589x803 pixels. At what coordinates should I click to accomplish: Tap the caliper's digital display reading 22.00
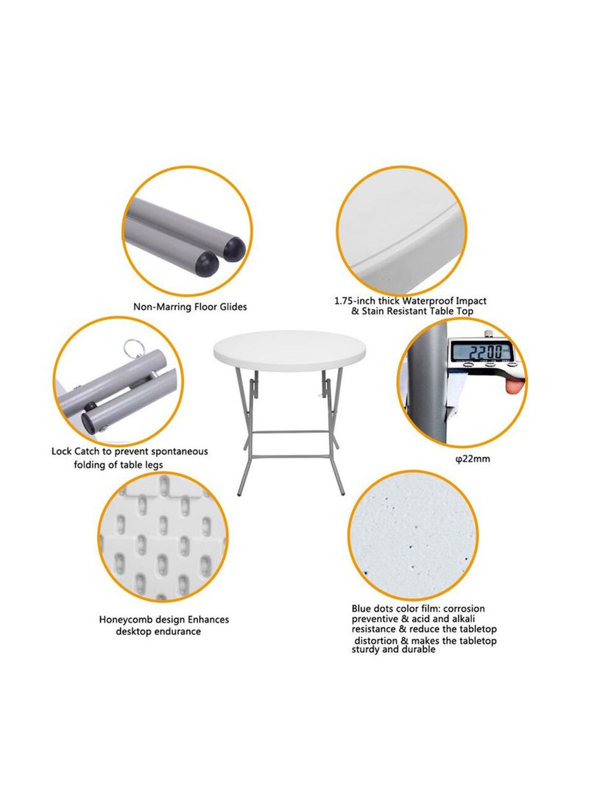[x=482, y=352]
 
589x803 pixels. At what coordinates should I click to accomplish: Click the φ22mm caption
[x=473, y=459]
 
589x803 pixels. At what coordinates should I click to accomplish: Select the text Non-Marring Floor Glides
[x=190, y=306]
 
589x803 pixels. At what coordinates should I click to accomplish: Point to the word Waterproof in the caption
[x=428, y=300]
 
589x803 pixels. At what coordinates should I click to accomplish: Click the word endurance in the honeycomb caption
[x=177, y=632]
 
